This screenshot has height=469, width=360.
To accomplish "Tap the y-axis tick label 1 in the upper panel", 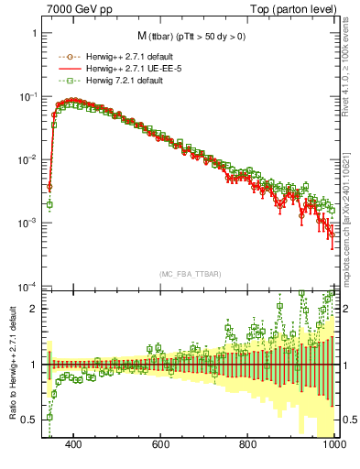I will pos(34,33).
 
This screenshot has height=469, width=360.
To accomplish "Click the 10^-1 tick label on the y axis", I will pos(27,96).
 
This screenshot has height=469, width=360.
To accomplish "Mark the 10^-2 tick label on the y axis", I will pos(27,159).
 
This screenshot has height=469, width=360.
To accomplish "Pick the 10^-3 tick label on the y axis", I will pos(27,223).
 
